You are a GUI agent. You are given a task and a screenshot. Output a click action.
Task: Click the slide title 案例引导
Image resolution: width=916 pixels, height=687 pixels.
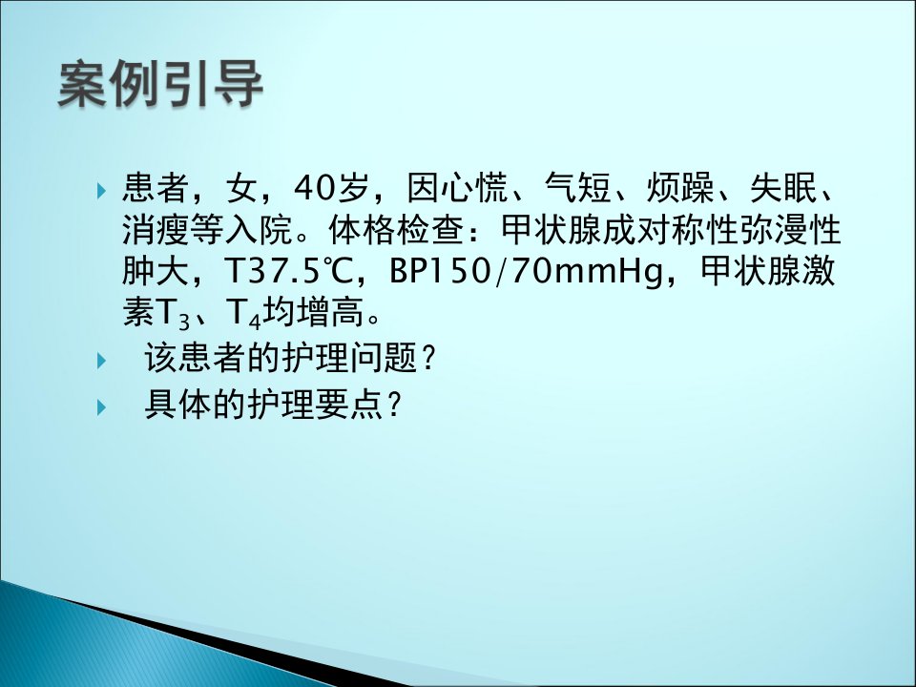(x=160, y=84)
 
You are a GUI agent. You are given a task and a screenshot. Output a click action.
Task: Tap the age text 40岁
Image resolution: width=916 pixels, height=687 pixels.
(x=332, y=188)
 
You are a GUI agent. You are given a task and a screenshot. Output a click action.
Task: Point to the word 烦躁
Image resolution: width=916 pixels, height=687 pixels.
(x=680, y=188)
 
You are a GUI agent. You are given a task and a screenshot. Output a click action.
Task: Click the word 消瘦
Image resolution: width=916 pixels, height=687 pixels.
(x=156, y=230)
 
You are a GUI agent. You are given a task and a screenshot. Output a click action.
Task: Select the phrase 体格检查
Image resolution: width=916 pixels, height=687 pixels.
(x=396, y=230)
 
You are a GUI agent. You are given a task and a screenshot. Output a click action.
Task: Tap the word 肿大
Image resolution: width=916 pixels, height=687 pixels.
(x=156, y=272)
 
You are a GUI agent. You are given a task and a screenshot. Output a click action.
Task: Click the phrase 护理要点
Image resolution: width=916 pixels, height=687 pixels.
(x=316, y=405)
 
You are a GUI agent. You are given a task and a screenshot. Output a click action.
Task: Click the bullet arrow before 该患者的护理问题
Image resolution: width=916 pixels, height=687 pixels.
(x=101, y=361)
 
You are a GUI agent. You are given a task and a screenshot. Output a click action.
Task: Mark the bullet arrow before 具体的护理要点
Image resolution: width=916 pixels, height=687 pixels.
(x=101, y=407)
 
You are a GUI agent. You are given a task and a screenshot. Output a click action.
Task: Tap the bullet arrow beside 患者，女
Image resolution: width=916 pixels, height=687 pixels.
(x=101, y=191)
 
